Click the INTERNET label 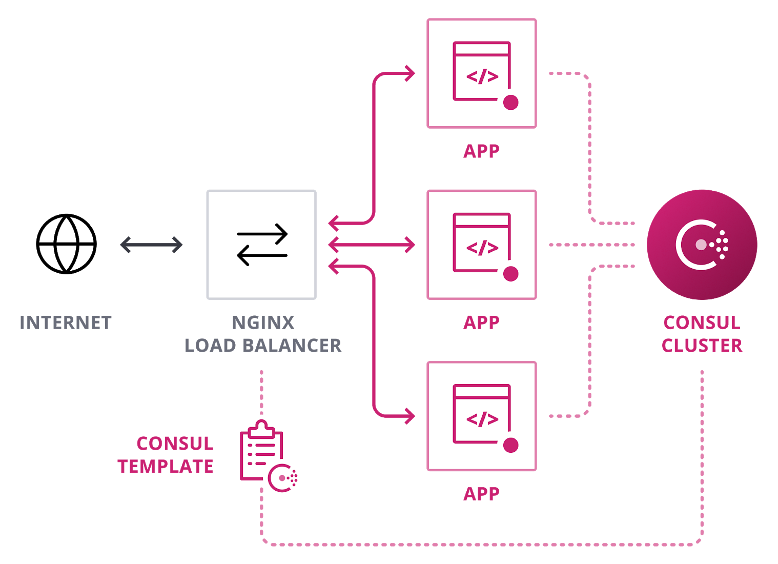point(66,323)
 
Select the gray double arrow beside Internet point(151,245)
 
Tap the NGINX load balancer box point(261,245)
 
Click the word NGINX point(263,323)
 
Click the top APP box point(482,73)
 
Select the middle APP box point(482,245)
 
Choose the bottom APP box point(482,416)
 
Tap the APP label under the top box point(481,151)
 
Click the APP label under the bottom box point(481,494)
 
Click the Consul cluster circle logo point(702,245)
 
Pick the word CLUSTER point(702,346)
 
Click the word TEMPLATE point(166,467)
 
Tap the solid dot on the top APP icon point(510,103)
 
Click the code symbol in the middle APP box point(482,248)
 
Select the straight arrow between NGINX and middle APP point(372,245)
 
